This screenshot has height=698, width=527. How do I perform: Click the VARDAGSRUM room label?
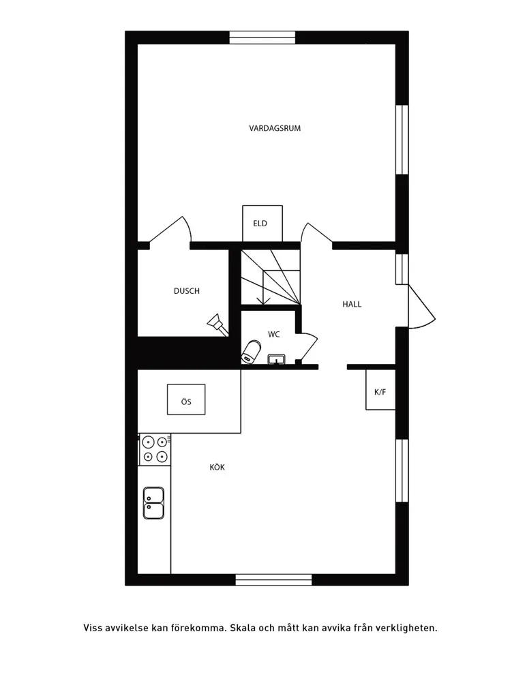[x=275, y=128]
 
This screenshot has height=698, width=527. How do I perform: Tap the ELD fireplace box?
[x=262, y=224]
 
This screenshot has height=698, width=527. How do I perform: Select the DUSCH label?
[x=187, y=291]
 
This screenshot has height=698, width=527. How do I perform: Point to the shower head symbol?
[x=217, y=323]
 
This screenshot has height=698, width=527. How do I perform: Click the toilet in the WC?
[x=252, y=352]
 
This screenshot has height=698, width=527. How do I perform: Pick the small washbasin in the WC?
[x=276, y=359]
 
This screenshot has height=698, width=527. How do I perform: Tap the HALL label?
[x=352, y=305]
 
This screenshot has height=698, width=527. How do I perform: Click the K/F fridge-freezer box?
[x=380, y=389]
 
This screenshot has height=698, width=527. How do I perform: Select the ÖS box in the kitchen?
[x=186, y=399]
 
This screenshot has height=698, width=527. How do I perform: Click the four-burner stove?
[x=155, y=449]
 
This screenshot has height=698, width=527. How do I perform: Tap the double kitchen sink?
[x=153, y=503]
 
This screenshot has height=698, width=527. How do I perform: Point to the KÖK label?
[x=217, y=468]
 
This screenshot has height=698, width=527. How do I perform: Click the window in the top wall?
[x=262, y=37]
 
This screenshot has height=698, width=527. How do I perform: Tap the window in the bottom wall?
[x=274, y=579]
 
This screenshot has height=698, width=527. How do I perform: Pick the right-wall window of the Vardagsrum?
[x=402, y=139]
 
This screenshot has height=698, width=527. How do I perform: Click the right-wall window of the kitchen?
[x=402, y=470]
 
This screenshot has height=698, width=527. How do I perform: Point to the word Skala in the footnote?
[x=243, y=628]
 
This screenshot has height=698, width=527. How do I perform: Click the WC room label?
[x=274, y=334]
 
